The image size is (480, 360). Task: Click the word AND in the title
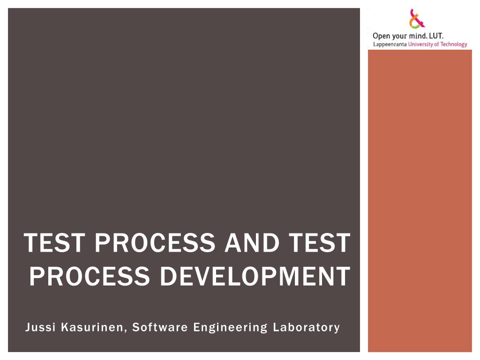(252, 242)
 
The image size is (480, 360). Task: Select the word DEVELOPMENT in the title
(255, 276)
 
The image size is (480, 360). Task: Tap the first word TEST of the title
(54, 242)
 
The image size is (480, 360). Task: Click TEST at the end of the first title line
(319, 242)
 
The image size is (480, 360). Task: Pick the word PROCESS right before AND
(155, 242)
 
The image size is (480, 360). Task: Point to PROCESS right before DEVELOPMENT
(90, 276)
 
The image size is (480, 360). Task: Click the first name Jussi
(40, 327)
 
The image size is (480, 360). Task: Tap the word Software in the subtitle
(160, 327)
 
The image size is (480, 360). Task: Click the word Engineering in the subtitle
(230, 328)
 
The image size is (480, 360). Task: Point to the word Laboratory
(307, 328)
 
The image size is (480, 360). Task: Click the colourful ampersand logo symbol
(417, 19)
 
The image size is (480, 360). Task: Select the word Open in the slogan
(382, 36)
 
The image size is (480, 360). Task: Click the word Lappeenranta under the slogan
(390, 45)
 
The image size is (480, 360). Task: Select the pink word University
(420, 45)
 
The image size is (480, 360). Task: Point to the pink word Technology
(454, 45)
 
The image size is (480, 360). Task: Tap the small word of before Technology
(436, 44)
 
